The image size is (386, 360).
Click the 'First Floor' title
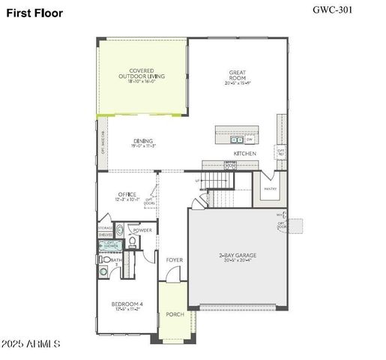(x=36, y=13)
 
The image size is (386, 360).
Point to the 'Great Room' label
(x=238, y=76)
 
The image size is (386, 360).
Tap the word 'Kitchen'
(x=244, y=153)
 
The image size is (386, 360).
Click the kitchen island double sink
(x=236, y=139)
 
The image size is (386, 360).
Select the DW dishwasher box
(x=249, y=139)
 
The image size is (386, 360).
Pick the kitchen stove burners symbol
(x=229, y=166)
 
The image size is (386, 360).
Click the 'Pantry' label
(x=270, y=189)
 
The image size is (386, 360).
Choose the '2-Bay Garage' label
(x=238, y=256)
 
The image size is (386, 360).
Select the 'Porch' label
(x=175, y=314)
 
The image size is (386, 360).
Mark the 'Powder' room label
(x=142, y=230)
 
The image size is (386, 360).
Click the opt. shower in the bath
(x=111, y=243)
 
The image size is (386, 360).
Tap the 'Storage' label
(x=106, y=227)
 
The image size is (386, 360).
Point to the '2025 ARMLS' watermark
(x=31, y=343)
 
